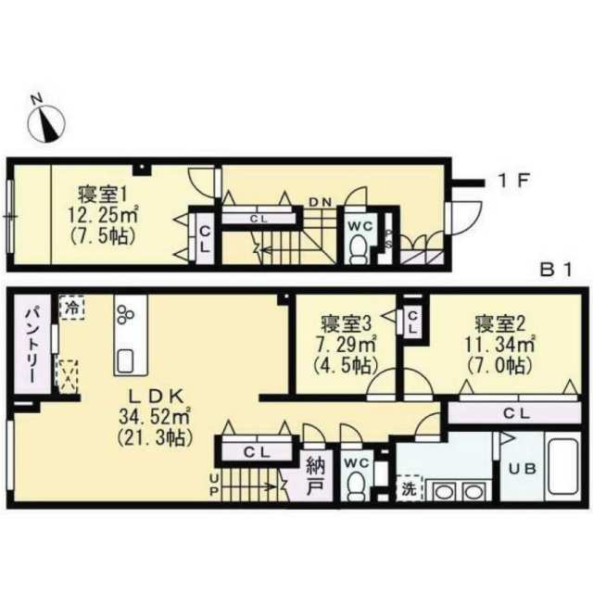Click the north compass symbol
[46, 120]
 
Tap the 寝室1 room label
[103, 195]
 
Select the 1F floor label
[513, 181]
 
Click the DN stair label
[321, 202]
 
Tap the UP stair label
[214, 486]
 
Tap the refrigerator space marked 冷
[71, 308]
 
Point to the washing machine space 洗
[409, 488]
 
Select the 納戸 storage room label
[315, 475]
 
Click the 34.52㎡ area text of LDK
[155, 417]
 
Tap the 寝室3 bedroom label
[346, 323]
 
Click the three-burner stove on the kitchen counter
[126, 314]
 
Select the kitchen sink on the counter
[126, 361]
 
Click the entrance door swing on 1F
[464, 219]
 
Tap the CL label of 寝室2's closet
[517, 413]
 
